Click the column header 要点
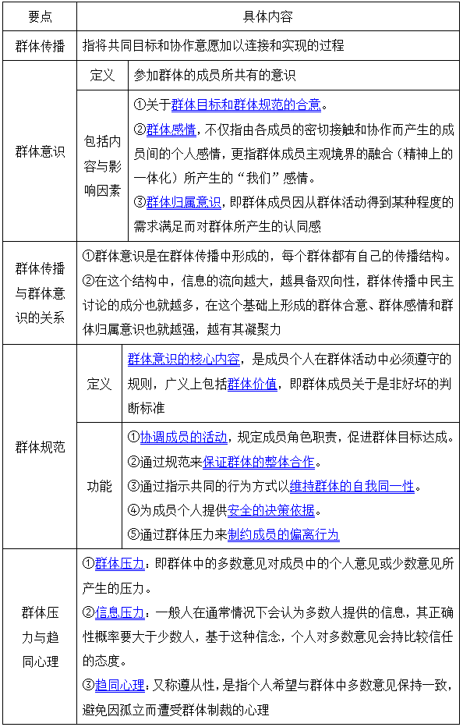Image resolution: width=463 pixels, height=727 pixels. pyautogui.click(x=39, y=16)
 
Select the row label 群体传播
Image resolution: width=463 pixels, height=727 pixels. pyautogui.click(x=39, y=45)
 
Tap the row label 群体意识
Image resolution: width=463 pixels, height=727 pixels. pyautogui.click(x=39, y=151)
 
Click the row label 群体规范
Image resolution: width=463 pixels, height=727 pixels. pyautogui.click(x=39, y=447)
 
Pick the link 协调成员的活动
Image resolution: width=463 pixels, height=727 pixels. pyautogui.click(x=183, y=437)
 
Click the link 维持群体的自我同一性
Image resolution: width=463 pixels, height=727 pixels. pyautogui.click(x=352, y=486)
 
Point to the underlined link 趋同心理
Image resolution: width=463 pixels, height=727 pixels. pyautogui.click(x=120, y=686)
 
